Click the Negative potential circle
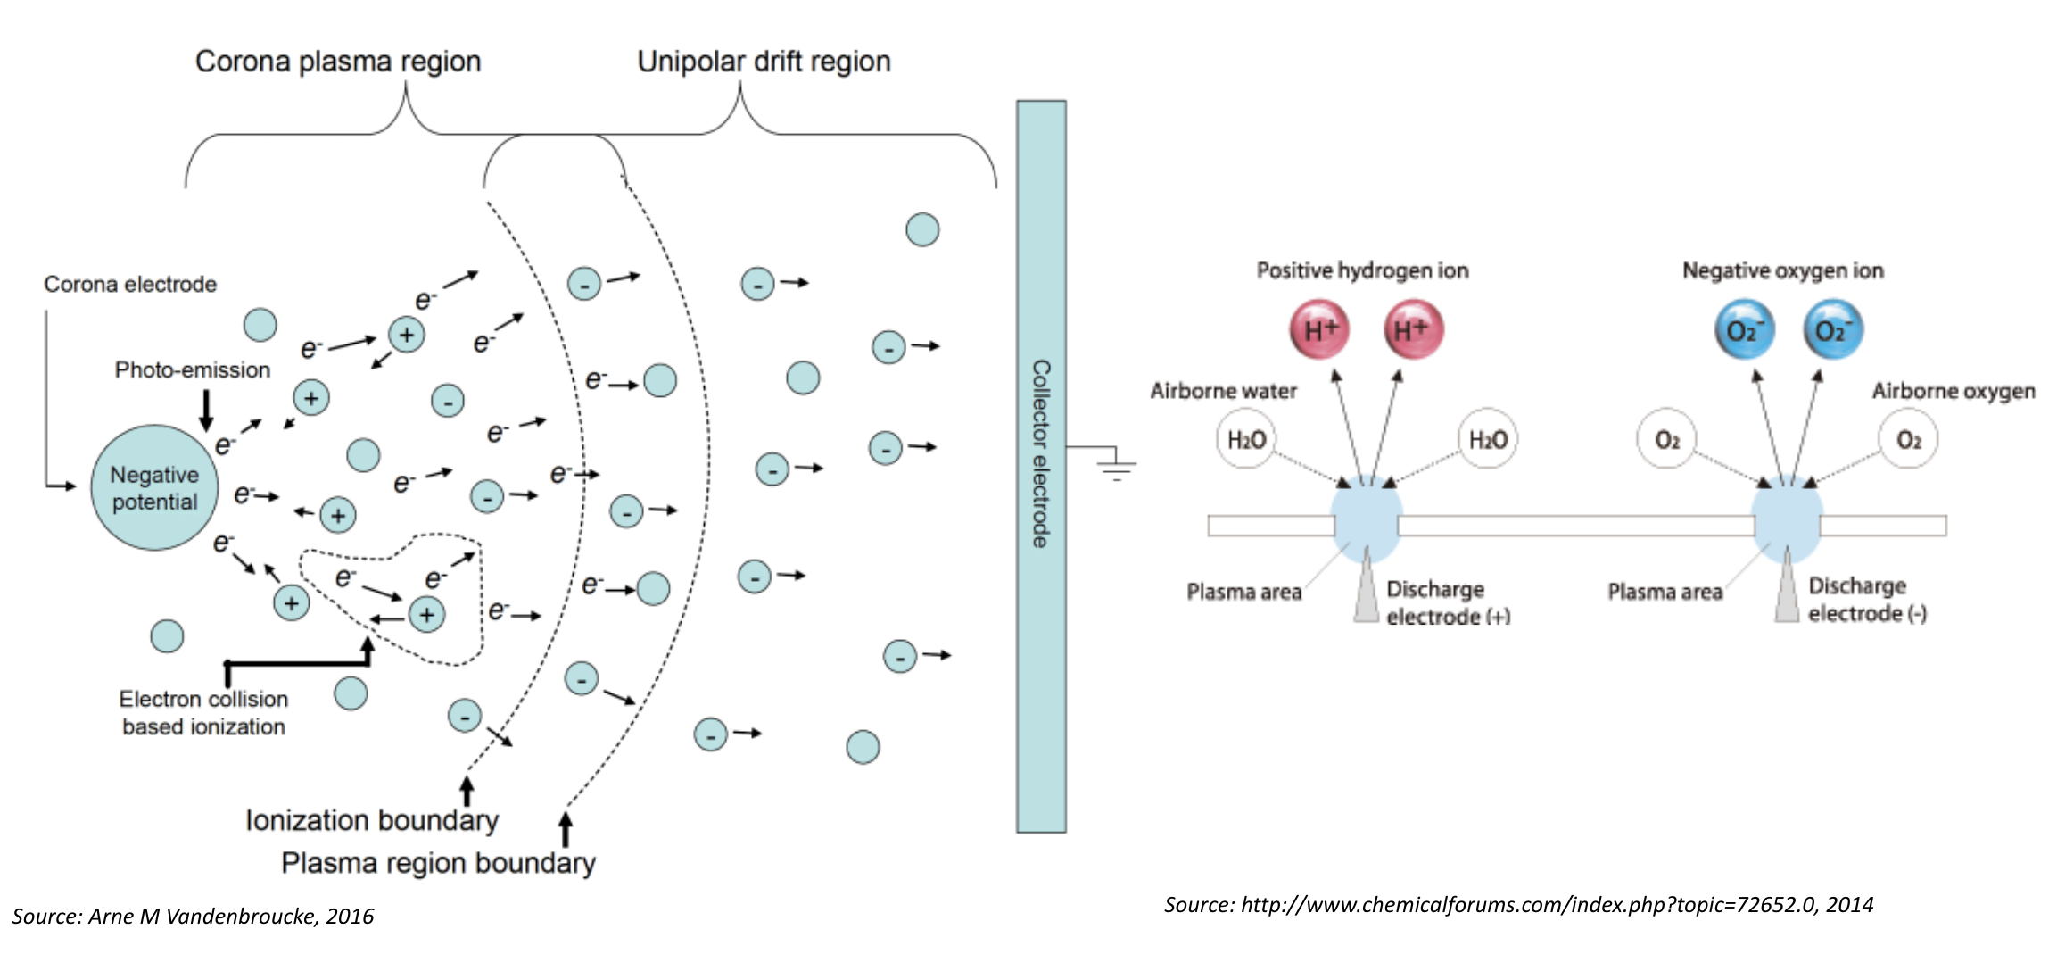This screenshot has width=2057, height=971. [154, 487]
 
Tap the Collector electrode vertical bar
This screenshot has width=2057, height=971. [1041, 466]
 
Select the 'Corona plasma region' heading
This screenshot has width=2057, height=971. [338, 62]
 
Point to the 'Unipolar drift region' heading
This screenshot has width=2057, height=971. [764, 62]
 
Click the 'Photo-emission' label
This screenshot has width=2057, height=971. [192, 369]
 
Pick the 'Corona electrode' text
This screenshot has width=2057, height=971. [130, 284]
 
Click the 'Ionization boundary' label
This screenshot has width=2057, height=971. [372, 820]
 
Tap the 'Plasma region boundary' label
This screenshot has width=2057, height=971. [438, 863]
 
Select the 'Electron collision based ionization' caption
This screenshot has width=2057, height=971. [203, 713]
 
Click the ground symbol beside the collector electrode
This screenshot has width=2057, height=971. [1116, 465]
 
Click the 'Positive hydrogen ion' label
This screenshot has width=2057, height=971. [1362, 270]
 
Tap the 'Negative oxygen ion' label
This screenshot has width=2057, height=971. [1782, 270]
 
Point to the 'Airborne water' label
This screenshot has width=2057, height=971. [1223, 391]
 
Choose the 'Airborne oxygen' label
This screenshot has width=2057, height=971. [1953, 391]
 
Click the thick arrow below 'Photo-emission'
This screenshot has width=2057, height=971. [206, 410]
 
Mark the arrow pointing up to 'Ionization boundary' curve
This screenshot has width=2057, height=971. [467, 790]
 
